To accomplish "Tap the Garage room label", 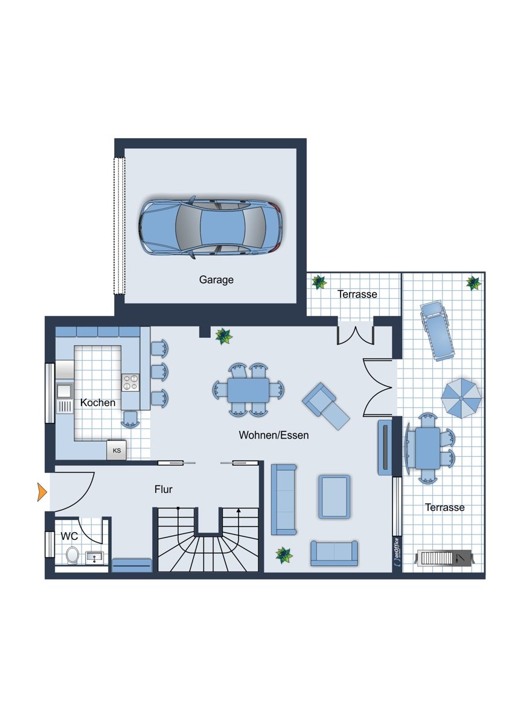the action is tap(216, 279).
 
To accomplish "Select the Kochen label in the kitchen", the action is tap(98, 402).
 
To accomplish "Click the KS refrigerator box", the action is tap(117, 450).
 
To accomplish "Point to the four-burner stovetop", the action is tap(130, 383).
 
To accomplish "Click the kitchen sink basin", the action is tap(64, 391).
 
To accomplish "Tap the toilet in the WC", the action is tap(72, 554).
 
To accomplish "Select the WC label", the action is tap(69, 536).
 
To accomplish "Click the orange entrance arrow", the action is tap(42, 492).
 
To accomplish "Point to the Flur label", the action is tap(164, 489).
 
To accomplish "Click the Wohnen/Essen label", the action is tap(274, 435).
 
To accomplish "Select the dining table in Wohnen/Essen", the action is tap(248, 390).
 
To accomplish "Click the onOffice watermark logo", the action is tap(397, 551).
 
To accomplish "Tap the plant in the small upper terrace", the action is tap(319, 282).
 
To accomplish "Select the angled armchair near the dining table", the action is tap(325, 406).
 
